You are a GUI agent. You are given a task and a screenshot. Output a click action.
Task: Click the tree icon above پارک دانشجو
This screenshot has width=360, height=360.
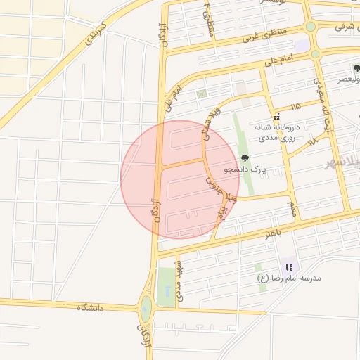[x=244, y=158]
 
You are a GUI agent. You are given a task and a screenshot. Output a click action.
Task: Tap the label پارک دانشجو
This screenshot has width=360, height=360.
[x=245, y=169]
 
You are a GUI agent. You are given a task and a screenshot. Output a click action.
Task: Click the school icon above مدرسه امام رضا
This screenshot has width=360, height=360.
[x=288, y=267]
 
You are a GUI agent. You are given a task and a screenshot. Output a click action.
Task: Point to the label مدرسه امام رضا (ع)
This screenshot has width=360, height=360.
[x=288, y=278]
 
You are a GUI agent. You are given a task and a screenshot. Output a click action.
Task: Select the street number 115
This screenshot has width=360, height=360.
[x=295, y=105]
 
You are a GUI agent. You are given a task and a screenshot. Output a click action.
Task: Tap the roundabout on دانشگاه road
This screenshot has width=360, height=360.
[x=146, y=307]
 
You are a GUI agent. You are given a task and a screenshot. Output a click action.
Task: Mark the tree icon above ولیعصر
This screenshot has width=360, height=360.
[x=356, y=69]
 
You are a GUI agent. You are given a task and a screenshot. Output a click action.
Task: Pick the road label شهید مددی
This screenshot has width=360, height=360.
[x=181, y=281]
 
